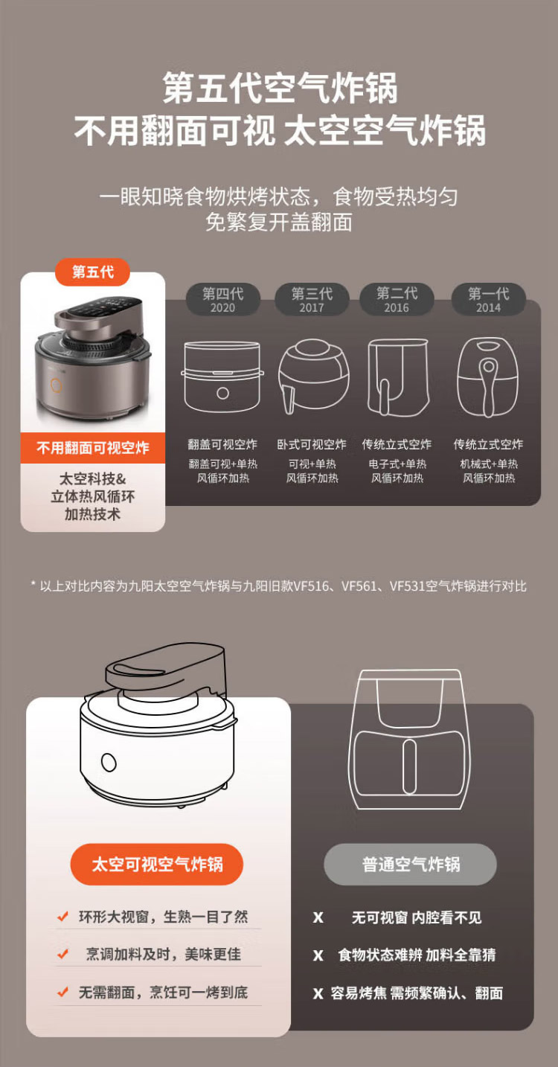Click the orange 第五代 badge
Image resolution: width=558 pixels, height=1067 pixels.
point(92,272)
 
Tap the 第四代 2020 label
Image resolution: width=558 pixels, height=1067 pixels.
point(222,299)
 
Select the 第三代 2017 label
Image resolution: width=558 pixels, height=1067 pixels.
point(312,299)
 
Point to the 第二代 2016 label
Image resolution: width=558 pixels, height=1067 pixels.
point(397,299)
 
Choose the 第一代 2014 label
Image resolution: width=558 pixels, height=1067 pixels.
point(489,299)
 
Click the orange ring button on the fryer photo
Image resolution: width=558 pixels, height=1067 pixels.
point(57,385)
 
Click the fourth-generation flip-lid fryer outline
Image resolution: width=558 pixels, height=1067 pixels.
point(222,377)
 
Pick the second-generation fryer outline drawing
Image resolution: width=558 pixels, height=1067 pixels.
point(398,377)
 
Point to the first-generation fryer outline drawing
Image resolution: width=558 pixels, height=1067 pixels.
point(487,377)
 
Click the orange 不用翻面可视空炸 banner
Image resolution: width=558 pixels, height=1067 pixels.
point(93,448)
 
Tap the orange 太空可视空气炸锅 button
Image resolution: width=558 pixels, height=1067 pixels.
point(157,864)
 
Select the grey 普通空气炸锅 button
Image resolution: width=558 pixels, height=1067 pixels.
point(411,864)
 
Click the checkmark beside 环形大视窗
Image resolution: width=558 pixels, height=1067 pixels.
point(62,916)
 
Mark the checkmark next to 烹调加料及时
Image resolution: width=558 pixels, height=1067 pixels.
point(62,954)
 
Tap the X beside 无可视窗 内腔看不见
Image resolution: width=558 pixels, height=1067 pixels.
point(318,917)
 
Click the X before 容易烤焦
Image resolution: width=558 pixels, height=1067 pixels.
point(318,993)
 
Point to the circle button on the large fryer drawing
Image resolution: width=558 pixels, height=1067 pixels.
point(109,762)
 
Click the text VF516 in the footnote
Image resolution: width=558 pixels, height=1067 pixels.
point(311,586)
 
